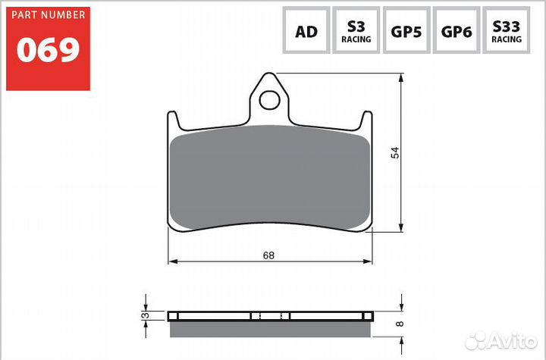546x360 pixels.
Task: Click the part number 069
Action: click(48, 49)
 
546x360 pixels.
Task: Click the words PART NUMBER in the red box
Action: click(48, 17)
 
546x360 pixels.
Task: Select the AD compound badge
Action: click(306, 31)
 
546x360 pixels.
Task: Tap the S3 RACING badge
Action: click(356, 31)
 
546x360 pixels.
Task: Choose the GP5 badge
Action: click(406, 31)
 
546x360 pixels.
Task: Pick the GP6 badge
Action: click(457, 31)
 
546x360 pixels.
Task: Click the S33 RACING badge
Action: click(507, 31)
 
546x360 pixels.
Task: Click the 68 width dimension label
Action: click(268, 255)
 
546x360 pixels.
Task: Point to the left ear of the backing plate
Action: click(171, 121)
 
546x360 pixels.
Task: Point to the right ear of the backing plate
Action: click(367, 121)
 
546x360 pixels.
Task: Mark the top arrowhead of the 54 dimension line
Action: click(401, 77)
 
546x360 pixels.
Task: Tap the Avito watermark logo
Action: click(500, 341)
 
